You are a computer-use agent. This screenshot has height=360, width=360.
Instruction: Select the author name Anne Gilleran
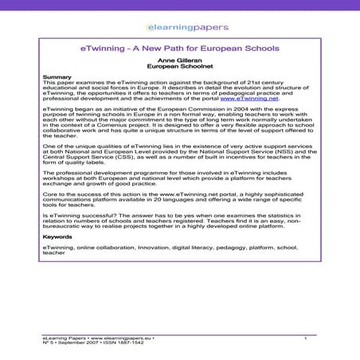point(179,61)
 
